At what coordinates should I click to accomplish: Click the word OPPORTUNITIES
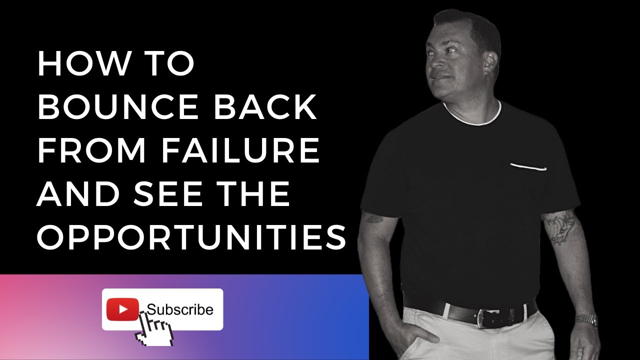192,237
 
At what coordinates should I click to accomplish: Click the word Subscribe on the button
180,310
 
